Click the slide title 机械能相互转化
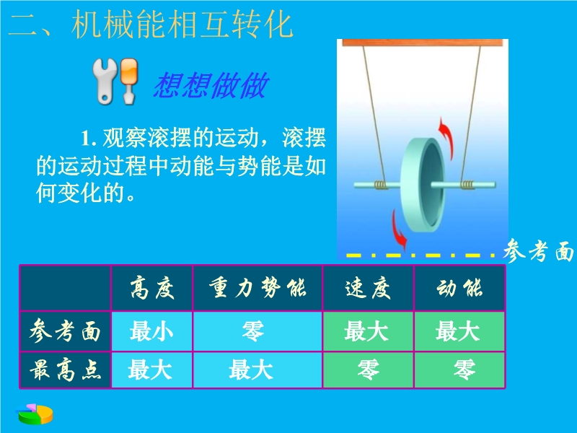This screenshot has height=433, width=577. pos(182,25)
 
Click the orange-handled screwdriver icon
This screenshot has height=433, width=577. pos(129,80)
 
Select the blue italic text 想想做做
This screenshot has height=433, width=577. pos(211,85)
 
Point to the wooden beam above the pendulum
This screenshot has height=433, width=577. pos(423,43)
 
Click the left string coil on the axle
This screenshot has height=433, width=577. pos(381,185)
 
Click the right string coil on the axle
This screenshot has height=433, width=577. pos(467,184)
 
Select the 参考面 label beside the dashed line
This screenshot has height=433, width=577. pos(538,251)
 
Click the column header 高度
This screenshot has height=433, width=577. pos(152,288)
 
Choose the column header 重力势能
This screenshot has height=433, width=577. pos(257,287)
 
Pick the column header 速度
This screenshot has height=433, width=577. pos(368,288)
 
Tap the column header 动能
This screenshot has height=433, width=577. pos(459,288)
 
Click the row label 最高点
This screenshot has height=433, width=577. pos(65,370)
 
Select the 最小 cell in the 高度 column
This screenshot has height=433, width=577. pos(151,331)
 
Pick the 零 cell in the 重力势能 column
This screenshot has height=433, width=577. pos(254,331)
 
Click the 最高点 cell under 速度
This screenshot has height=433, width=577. pos(368,369)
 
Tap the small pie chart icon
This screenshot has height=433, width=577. pos(35,414)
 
